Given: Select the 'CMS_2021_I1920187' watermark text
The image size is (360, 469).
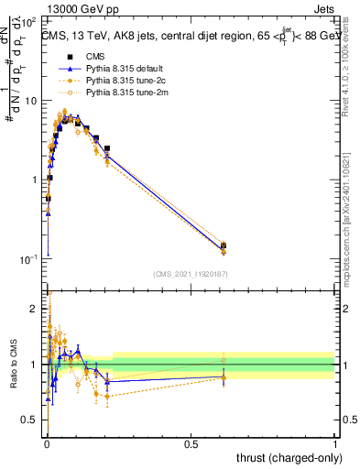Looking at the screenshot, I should point(190,274).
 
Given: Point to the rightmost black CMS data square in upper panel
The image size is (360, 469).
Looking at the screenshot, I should point(224,245).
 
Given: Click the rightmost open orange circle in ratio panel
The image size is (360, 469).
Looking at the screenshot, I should point(224,360).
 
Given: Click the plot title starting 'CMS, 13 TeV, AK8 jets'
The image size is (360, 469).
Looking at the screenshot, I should point(191,36).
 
